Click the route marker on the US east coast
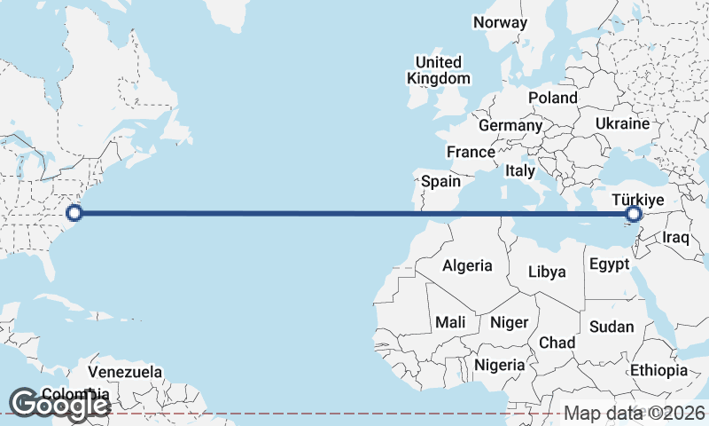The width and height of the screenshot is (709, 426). [x=74, y=213]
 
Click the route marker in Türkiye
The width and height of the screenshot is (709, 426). [x=634, y=214]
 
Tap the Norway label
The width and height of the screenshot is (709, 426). [x=500, y=22]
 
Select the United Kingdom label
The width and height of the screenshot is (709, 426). [x=439, y=70]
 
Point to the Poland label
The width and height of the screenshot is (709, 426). [x=552, y=98]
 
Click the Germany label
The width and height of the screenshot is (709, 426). [x=510, y=126]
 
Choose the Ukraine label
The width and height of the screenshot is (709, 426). [x=623, y=123]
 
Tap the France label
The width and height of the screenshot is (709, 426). [x=471, y=153]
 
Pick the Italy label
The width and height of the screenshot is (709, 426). [x=519, y=170]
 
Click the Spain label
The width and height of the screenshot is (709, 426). [x=440, y=182]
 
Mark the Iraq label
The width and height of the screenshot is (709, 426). [x=675, y=238]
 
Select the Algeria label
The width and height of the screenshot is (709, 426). [x=467, y=265]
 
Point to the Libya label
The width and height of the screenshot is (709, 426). [x=546, y=272]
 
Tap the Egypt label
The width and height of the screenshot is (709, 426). [x=609, y=264]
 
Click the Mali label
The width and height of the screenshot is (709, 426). [x=450, y=323]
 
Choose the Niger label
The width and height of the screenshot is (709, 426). [x=509, y=323]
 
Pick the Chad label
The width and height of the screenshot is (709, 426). [x=557, y=343]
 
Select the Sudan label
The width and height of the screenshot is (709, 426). [x=612, y=327]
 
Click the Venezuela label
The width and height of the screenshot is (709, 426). [x=126, y=371]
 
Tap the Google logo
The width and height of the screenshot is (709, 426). [x=60, y=404]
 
